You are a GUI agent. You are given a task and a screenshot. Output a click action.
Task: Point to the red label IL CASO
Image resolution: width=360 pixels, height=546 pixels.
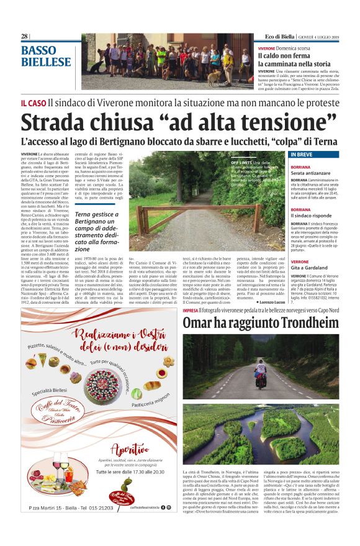coord(34,102)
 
